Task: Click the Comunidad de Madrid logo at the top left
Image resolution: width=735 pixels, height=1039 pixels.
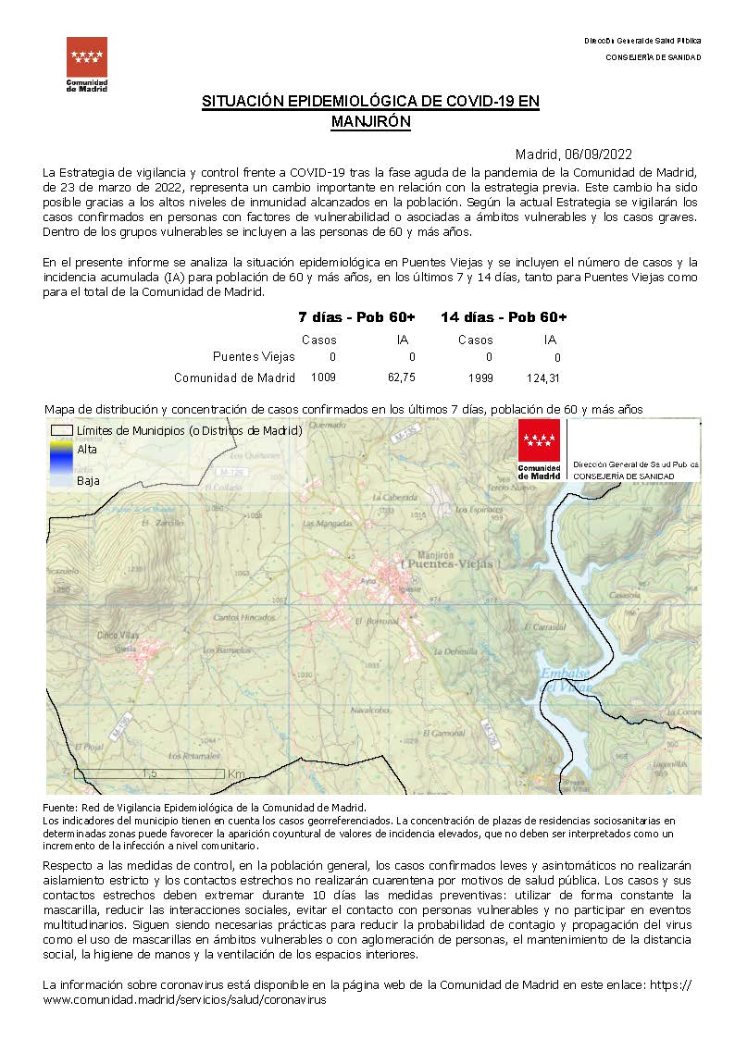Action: pos(87,63)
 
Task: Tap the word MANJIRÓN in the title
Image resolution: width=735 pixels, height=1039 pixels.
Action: pos(370,121)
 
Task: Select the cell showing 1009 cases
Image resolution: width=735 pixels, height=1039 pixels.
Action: pos(324,377)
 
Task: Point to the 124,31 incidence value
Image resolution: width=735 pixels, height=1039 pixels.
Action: pos(548,377)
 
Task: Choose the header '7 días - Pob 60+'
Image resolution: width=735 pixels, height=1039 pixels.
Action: pos(356,317)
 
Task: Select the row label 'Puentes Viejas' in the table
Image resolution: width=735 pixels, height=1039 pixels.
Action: pos(254,356)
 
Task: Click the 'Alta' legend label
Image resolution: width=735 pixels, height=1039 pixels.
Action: pos(87,449)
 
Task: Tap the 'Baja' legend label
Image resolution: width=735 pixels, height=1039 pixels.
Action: pos(88,480)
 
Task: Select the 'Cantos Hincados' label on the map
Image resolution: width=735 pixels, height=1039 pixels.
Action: pos(240,617)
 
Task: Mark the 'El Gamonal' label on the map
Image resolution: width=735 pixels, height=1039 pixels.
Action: pos(448,733)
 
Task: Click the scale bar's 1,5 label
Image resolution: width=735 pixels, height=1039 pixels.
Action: pos(148,773)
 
